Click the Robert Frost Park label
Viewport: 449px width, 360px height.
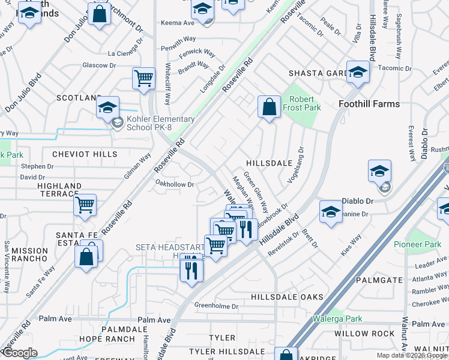pos(305,103)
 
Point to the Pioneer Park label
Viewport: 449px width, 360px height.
pos(417,244)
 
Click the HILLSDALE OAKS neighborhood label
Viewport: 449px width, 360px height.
pos(287,297)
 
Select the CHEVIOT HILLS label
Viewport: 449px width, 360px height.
pos(85,154)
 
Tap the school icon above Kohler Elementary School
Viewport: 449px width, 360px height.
pos(108,108)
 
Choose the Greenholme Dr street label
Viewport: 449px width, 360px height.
pos(216,306)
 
